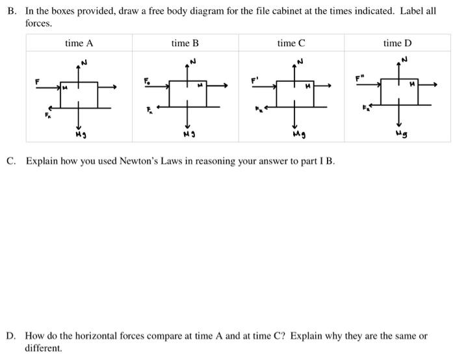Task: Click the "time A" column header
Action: (79, 44)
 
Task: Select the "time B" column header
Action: (185, 44)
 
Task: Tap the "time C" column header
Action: (291, 44)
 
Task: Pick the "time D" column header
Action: (397, 44)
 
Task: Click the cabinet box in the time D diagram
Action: (399, 91)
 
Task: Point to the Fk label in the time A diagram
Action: (47, 116)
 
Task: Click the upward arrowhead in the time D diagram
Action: (399, 64)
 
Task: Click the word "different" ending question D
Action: (43, 348)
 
